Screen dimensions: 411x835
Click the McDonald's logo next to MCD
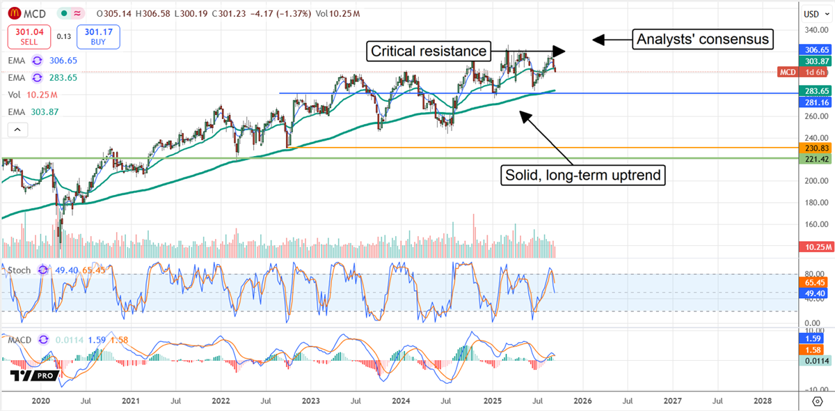[x=13, y=13]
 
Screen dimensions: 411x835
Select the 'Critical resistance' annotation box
[x=428, y=51]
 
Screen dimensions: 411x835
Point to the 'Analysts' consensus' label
[x=703, y=40]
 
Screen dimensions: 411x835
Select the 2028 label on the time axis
[x=763, y=401]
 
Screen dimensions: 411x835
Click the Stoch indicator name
[x=18, y=270]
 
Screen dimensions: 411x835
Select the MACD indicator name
[x=19, y=339]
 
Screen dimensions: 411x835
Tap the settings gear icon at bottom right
[x=818, y=401]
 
